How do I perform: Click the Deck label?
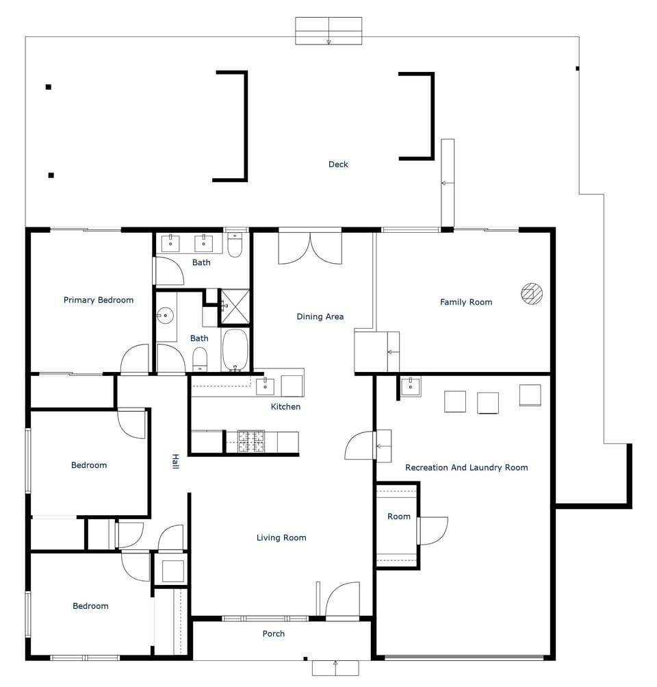(338, 164)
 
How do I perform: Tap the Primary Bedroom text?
(99, 300)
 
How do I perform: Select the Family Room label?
(466, 302)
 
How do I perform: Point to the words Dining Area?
(320, 316)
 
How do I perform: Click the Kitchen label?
(285, 407)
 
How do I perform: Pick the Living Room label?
(281, 538)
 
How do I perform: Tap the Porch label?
(274, 634)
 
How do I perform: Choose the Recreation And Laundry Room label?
(467, 468)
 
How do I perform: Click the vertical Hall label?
(175, 462)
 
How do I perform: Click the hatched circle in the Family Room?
(532, 293)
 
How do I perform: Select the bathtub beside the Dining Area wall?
(235, 350)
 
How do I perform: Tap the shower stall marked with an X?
(234, 306)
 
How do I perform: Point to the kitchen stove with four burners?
(250, 442)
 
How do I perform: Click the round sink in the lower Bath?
(164, 316)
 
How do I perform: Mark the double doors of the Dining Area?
(310, 248)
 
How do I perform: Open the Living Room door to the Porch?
(342, 601)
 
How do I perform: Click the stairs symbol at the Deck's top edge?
(328, 31)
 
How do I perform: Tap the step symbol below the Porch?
(335, 668)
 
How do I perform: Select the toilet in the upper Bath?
(235, 246)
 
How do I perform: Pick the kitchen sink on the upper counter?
(265, 386)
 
